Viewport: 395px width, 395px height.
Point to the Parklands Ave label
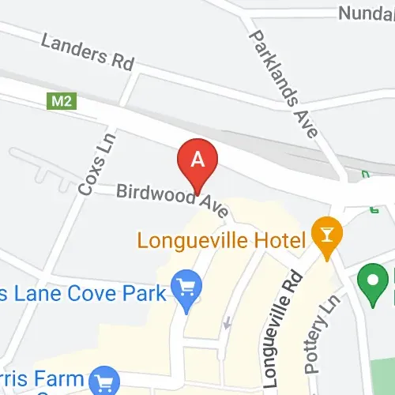283,84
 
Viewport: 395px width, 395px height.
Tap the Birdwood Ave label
173,201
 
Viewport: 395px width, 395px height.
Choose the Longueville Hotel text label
222,238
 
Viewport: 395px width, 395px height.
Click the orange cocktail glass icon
324,234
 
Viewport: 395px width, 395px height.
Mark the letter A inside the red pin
198,158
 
